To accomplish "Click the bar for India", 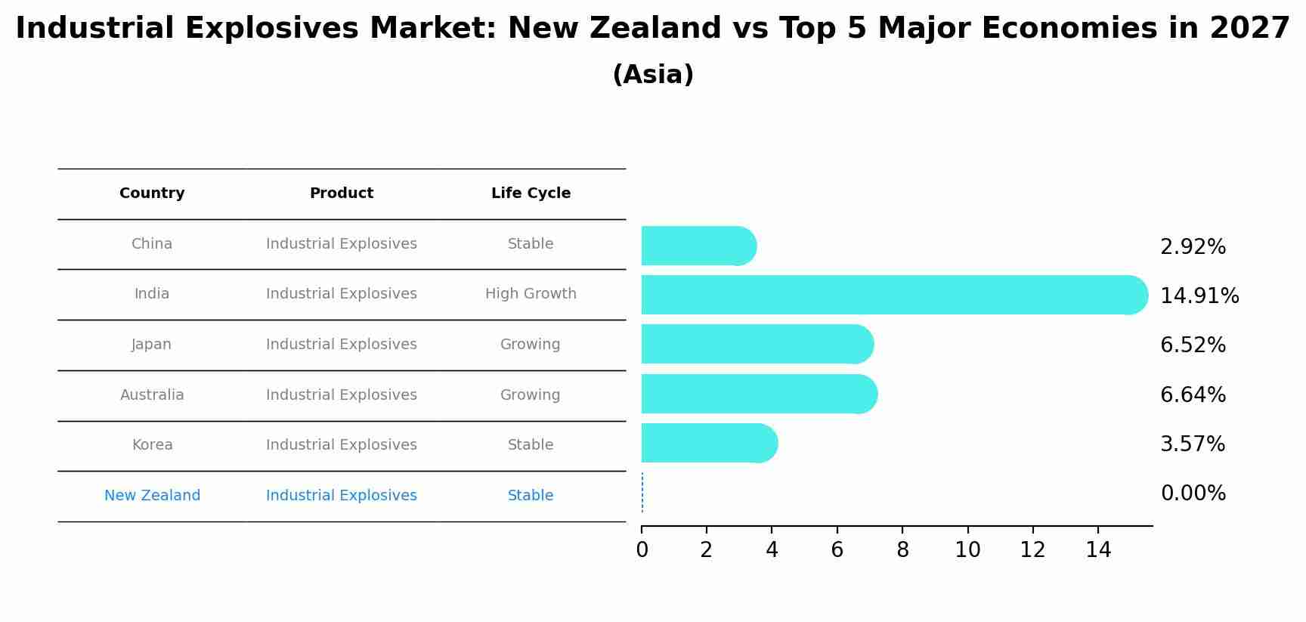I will click(x=892, y=295).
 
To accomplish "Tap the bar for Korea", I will click(x=707, y=443).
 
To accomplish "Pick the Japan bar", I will click(x=756, y=344).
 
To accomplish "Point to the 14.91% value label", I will click(x=1199, y=296).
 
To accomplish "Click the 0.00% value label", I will click(x=1193, y=494).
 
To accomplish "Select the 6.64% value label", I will click(x=1193, y=395).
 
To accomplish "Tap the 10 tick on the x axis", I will click(x=967, y=550).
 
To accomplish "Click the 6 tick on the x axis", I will click(x=837, y=550).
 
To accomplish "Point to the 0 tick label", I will click(x=642, y=550).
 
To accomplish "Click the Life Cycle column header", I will click(x=531, y=193).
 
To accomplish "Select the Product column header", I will click(x=342, y=193).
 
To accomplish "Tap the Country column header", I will click(x=152, y=193).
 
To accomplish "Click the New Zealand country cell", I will click(x=152, y=496).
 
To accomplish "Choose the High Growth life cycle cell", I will click(x=531, y=294).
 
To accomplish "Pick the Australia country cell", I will click(x=152, y=395).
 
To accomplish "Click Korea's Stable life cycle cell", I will click(x=531, y=445).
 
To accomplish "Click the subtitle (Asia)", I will click(x=653, y=75).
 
